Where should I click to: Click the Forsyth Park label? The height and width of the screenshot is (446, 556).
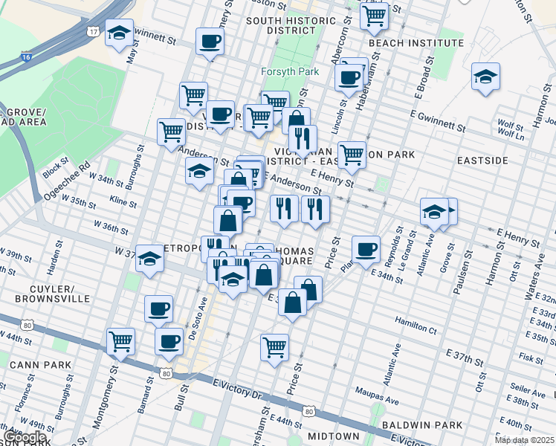point(289,72)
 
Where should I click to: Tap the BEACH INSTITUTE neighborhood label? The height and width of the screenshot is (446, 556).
point(416,43)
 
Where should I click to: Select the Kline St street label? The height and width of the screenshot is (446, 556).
point(123,201)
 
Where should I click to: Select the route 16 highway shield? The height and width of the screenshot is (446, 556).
point(27,56)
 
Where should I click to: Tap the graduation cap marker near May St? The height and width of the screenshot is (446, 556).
point(119,33)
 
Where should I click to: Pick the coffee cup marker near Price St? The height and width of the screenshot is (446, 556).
point(365,250)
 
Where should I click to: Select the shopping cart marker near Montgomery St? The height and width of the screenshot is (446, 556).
point(120,342)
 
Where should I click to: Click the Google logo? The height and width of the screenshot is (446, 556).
point(25,437)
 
